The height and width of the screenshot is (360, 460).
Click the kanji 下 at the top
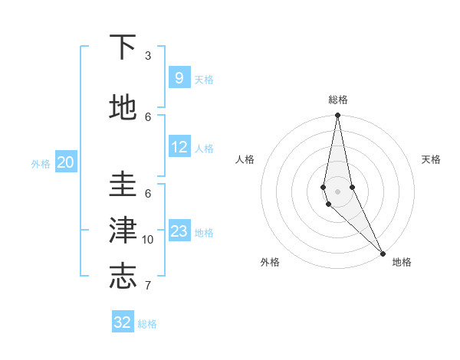pos(123,48)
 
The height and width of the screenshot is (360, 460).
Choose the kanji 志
pos(123,276)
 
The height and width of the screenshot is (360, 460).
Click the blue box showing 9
pos(179,77)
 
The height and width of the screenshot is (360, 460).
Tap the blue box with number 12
pos(179,147)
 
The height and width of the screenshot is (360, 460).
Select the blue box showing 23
pos(179,231)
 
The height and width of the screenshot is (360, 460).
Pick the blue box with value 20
pos(66,162)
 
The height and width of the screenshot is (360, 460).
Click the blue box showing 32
pos(123,322)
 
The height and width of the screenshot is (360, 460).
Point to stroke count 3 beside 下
pos(148,56)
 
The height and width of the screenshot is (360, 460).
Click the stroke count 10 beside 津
pos(148,240)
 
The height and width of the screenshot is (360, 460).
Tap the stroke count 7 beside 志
pos(148,286)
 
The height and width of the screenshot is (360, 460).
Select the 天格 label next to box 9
pos(204,80)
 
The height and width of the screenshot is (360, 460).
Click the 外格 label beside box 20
pos(41,164)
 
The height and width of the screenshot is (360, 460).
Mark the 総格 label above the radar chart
pos(338,100)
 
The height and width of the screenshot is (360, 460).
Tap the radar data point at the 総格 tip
pos(337,116)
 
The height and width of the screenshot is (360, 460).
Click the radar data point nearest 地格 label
pos(383,252)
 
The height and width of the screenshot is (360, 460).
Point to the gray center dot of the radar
pos(337,191)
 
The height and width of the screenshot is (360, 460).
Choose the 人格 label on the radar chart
pos(245,159)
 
